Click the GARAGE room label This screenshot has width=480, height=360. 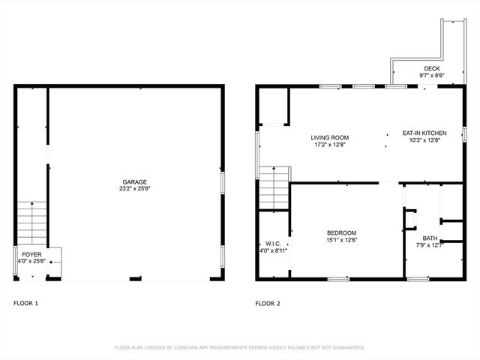(x=135, y=181)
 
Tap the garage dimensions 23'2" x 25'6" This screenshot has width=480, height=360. (x=135, y=189)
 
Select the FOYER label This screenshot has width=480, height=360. (x=31, y=254)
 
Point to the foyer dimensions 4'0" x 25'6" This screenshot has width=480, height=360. (x=31, y=261)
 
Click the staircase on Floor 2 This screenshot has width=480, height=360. (x=274, y=189)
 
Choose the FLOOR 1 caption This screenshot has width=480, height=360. (x=25, y=304)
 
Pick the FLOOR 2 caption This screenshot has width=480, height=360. (x=267, y=304)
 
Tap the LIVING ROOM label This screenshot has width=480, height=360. (x=330, y=137)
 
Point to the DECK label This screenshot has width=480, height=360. (x=432, y=68)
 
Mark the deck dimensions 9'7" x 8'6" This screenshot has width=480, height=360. (x=432, y=75)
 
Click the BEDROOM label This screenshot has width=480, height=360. (x=341, y=232)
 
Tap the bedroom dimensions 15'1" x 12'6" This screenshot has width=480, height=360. (x=341, y=240)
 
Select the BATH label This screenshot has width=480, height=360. (x=430, y=238)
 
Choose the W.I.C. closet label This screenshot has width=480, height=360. (x=273, y=244)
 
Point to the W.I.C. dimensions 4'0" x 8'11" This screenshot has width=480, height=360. (x=273, y=251)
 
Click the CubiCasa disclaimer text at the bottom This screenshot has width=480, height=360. (x=240, y=347)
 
